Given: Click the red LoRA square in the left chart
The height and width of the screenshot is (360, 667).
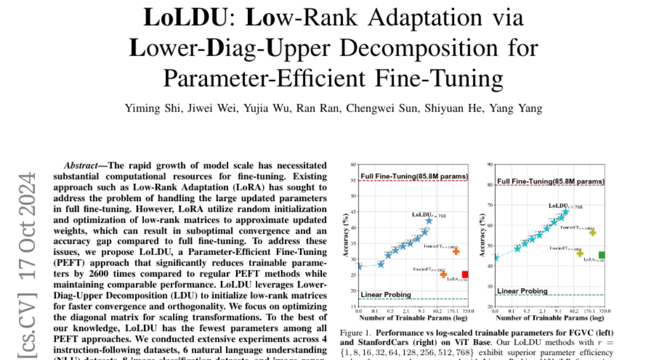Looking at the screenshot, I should pyautogui.click(x=465, y=274).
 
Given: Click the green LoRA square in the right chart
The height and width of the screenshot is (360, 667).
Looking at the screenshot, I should pyautogui.click(x=601, y=255).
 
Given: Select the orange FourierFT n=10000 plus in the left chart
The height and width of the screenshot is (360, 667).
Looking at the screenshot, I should pyautogui.click(x=456, y=252).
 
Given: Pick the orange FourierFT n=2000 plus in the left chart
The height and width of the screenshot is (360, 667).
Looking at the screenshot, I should pyautogui.click(x=443, y=274).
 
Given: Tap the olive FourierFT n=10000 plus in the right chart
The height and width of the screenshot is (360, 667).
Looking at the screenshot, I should pyautogui.click(x=593, y=233).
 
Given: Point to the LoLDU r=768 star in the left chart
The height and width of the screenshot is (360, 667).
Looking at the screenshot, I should pyautogui.click(x=429, y=221).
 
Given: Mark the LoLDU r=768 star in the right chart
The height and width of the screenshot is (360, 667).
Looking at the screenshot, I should pyautogui.click(x=566, y=212).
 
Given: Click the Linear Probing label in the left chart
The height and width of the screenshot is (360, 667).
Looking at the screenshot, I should pyautogui.click(x=386, y=294).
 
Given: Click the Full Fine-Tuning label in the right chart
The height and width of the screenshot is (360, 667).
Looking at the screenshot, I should pyautogui.click(x=549, y=181).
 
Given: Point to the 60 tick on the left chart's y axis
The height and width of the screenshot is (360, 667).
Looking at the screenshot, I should pyautogui.click(x=353, y=165).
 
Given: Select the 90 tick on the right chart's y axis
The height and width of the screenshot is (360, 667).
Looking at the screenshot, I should pyautogui.click(x=490, y=164).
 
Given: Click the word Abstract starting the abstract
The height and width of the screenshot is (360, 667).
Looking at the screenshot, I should pyautogui.click(x=83, y=166).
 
